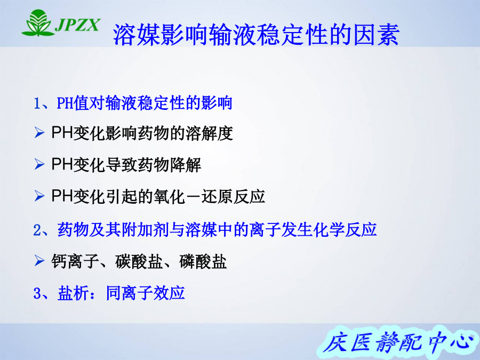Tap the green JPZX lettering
click(x=78, y=25)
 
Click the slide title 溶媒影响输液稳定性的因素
click(x=257, y=35)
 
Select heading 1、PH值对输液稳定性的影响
click(x=133, y=103)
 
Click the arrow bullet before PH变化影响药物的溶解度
click(x=39, y=133)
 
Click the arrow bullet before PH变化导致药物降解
click(x=39, y=164)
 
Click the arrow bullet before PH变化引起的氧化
click(x=39, y=196)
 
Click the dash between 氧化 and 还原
click(x=194, y=196)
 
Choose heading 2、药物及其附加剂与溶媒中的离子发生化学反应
click(x=205, y=229)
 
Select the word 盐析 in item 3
click(x=74, y=293)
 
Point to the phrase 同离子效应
click(x=146, y=293)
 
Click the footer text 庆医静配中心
click(x=397, y=342)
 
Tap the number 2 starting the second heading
click(x=37, y=230)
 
